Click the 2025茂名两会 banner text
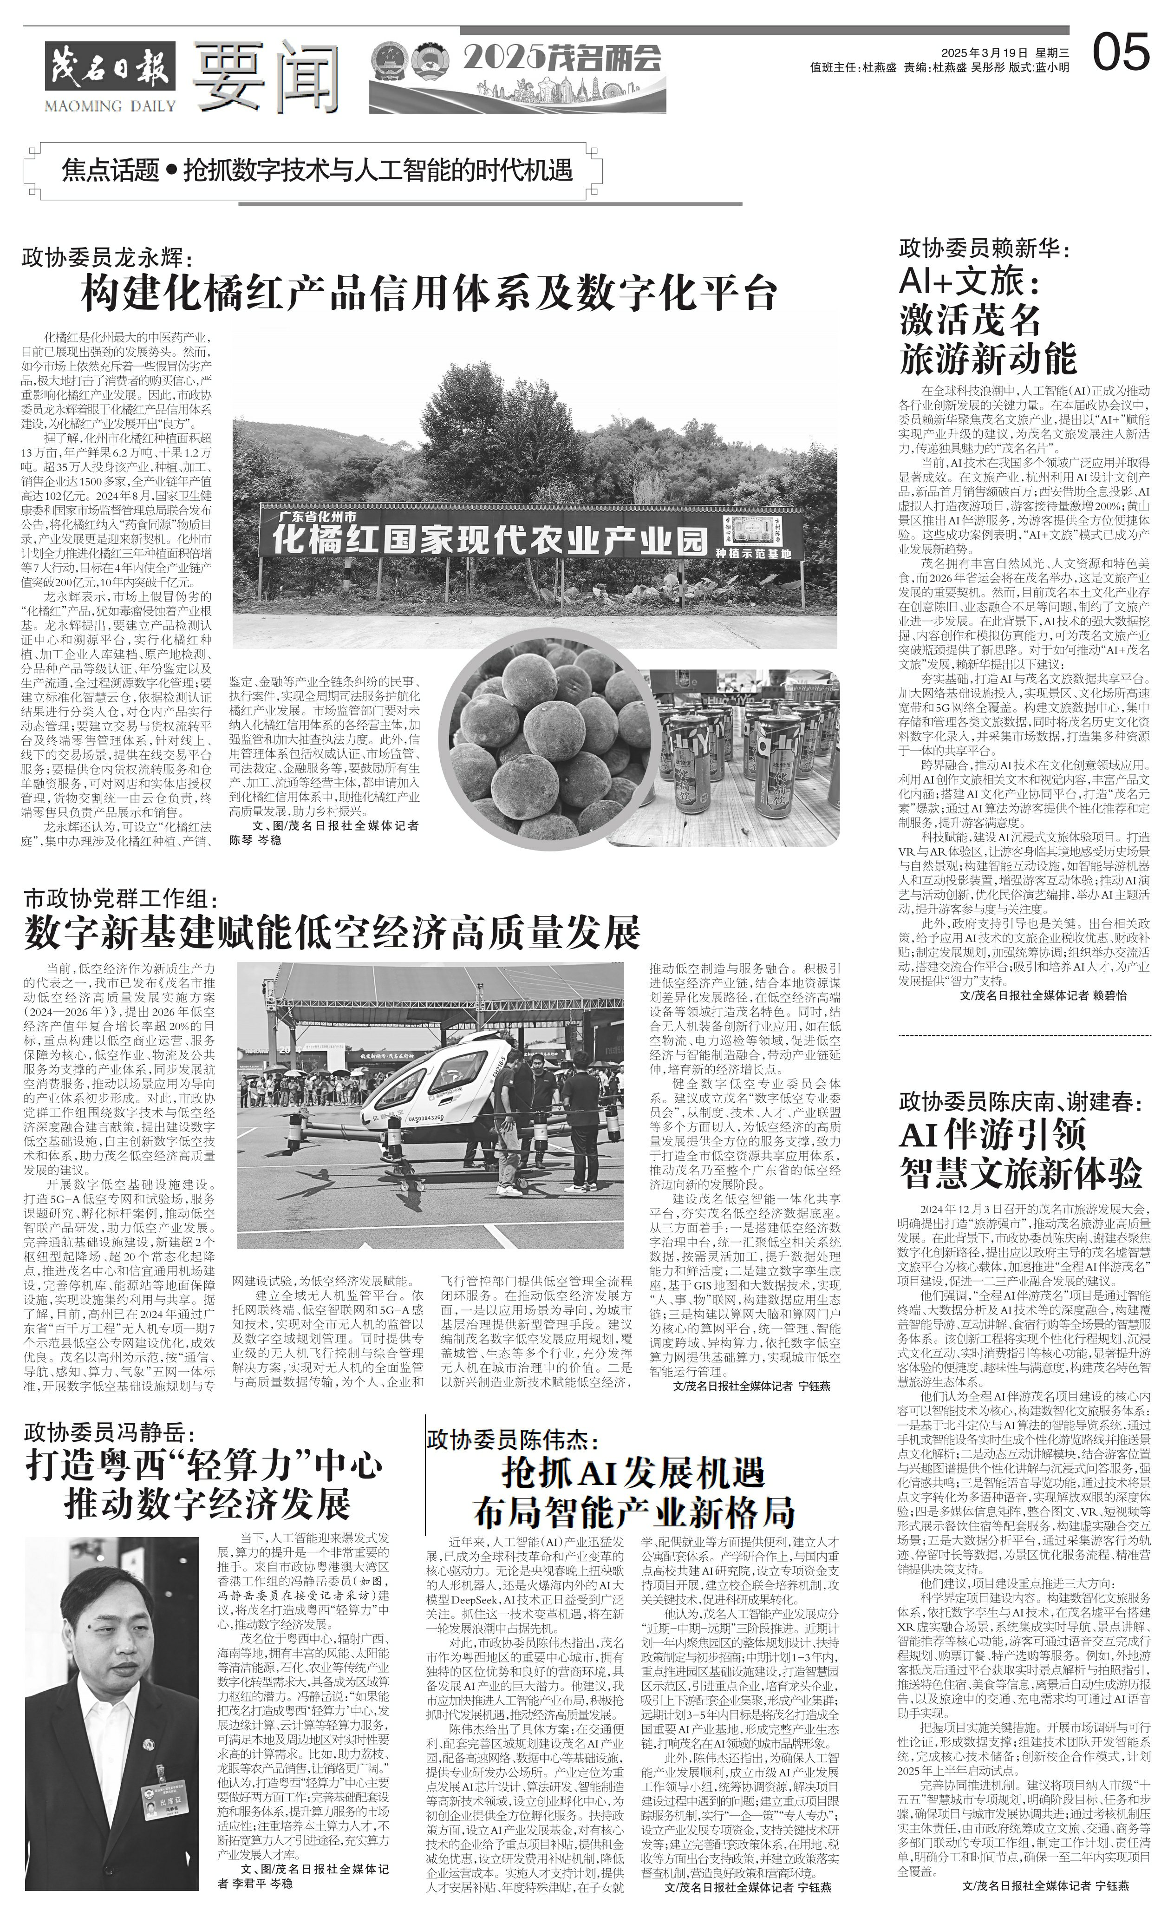pyautogui.click(x=562, y=59)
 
